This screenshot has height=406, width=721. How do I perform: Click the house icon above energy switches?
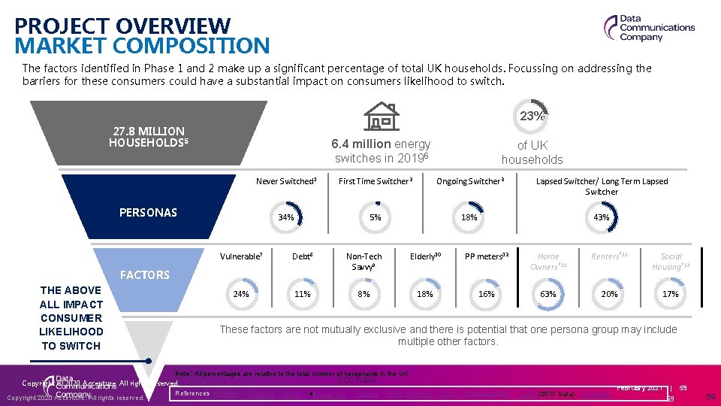click(382, 117)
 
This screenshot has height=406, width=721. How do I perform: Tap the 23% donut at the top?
click(532, 116)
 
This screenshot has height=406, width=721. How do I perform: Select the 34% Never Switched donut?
click(285, 217)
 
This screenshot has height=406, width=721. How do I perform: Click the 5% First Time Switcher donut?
click(375, 217)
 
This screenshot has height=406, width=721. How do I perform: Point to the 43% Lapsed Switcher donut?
click(602, 217)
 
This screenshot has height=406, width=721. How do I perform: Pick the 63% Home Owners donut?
click(548, 294)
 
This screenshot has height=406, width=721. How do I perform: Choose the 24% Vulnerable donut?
click(241, 294)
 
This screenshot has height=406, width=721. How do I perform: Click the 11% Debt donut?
click(302, 294)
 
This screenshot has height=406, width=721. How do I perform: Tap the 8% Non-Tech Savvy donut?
click(364, 294)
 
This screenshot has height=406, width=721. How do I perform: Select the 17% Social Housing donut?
click(671, 294)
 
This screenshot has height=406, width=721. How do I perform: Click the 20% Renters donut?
click(609, 294)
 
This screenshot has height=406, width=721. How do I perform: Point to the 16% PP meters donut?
click(487, 294)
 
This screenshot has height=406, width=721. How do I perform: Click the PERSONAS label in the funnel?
click(148, 212)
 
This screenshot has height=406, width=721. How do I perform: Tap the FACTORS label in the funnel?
click(144, 275)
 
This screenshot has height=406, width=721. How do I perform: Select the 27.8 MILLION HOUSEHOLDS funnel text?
click(146, 137)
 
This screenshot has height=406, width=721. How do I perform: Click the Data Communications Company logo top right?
click(650, 28)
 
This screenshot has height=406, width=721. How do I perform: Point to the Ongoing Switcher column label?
click(470, 181)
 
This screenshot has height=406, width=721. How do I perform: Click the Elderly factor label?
click(425, 256)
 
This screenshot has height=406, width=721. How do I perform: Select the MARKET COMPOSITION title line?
click(142, 46)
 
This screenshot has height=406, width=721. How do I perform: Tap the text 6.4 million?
click(360, 144)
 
